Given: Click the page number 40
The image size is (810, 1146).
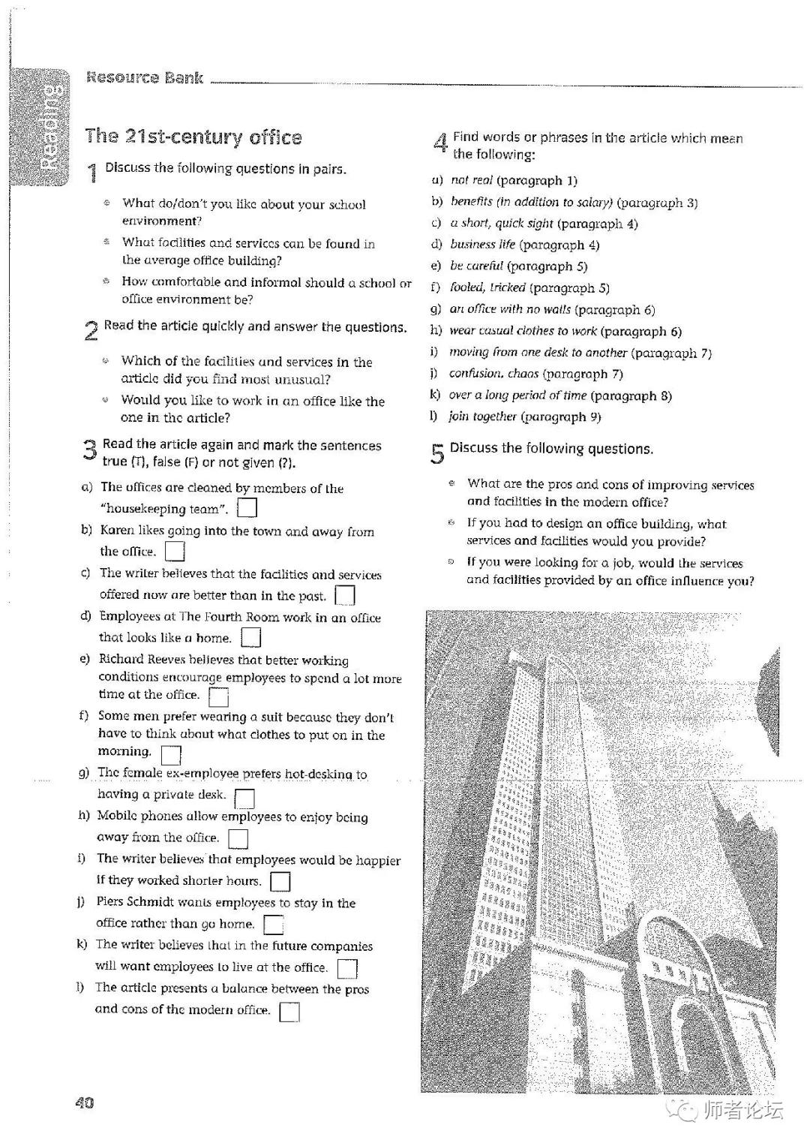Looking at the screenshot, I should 84,1102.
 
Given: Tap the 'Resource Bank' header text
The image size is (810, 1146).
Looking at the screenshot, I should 145,77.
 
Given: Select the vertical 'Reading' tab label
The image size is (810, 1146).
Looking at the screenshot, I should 50,127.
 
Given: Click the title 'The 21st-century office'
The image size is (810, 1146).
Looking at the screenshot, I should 193,137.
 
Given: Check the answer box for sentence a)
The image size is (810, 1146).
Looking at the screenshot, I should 247,508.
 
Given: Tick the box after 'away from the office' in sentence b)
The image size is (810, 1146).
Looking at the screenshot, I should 174,552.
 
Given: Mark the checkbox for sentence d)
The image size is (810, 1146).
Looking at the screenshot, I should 250,638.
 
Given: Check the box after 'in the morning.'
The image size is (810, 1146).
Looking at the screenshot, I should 171,753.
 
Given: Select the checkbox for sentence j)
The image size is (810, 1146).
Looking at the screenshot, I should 274,925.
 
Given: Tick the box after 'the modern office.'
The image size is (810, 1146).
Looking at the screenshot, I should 289,1012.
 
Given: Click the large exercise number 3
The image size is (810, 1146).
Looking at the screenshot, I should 89,450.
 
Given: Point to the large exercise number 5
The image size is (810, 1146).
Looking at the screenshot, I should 437,453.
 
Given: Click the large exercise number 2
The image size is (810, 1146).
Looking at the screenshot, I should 91,330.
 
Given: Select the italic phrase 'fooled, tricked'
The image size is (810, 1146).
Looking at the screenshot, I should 487,287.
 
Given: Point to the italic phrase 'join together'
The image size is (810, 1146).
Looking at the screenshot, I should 482,417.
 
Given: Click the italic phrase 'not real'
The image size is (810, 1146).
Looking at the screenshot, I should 471,180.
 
